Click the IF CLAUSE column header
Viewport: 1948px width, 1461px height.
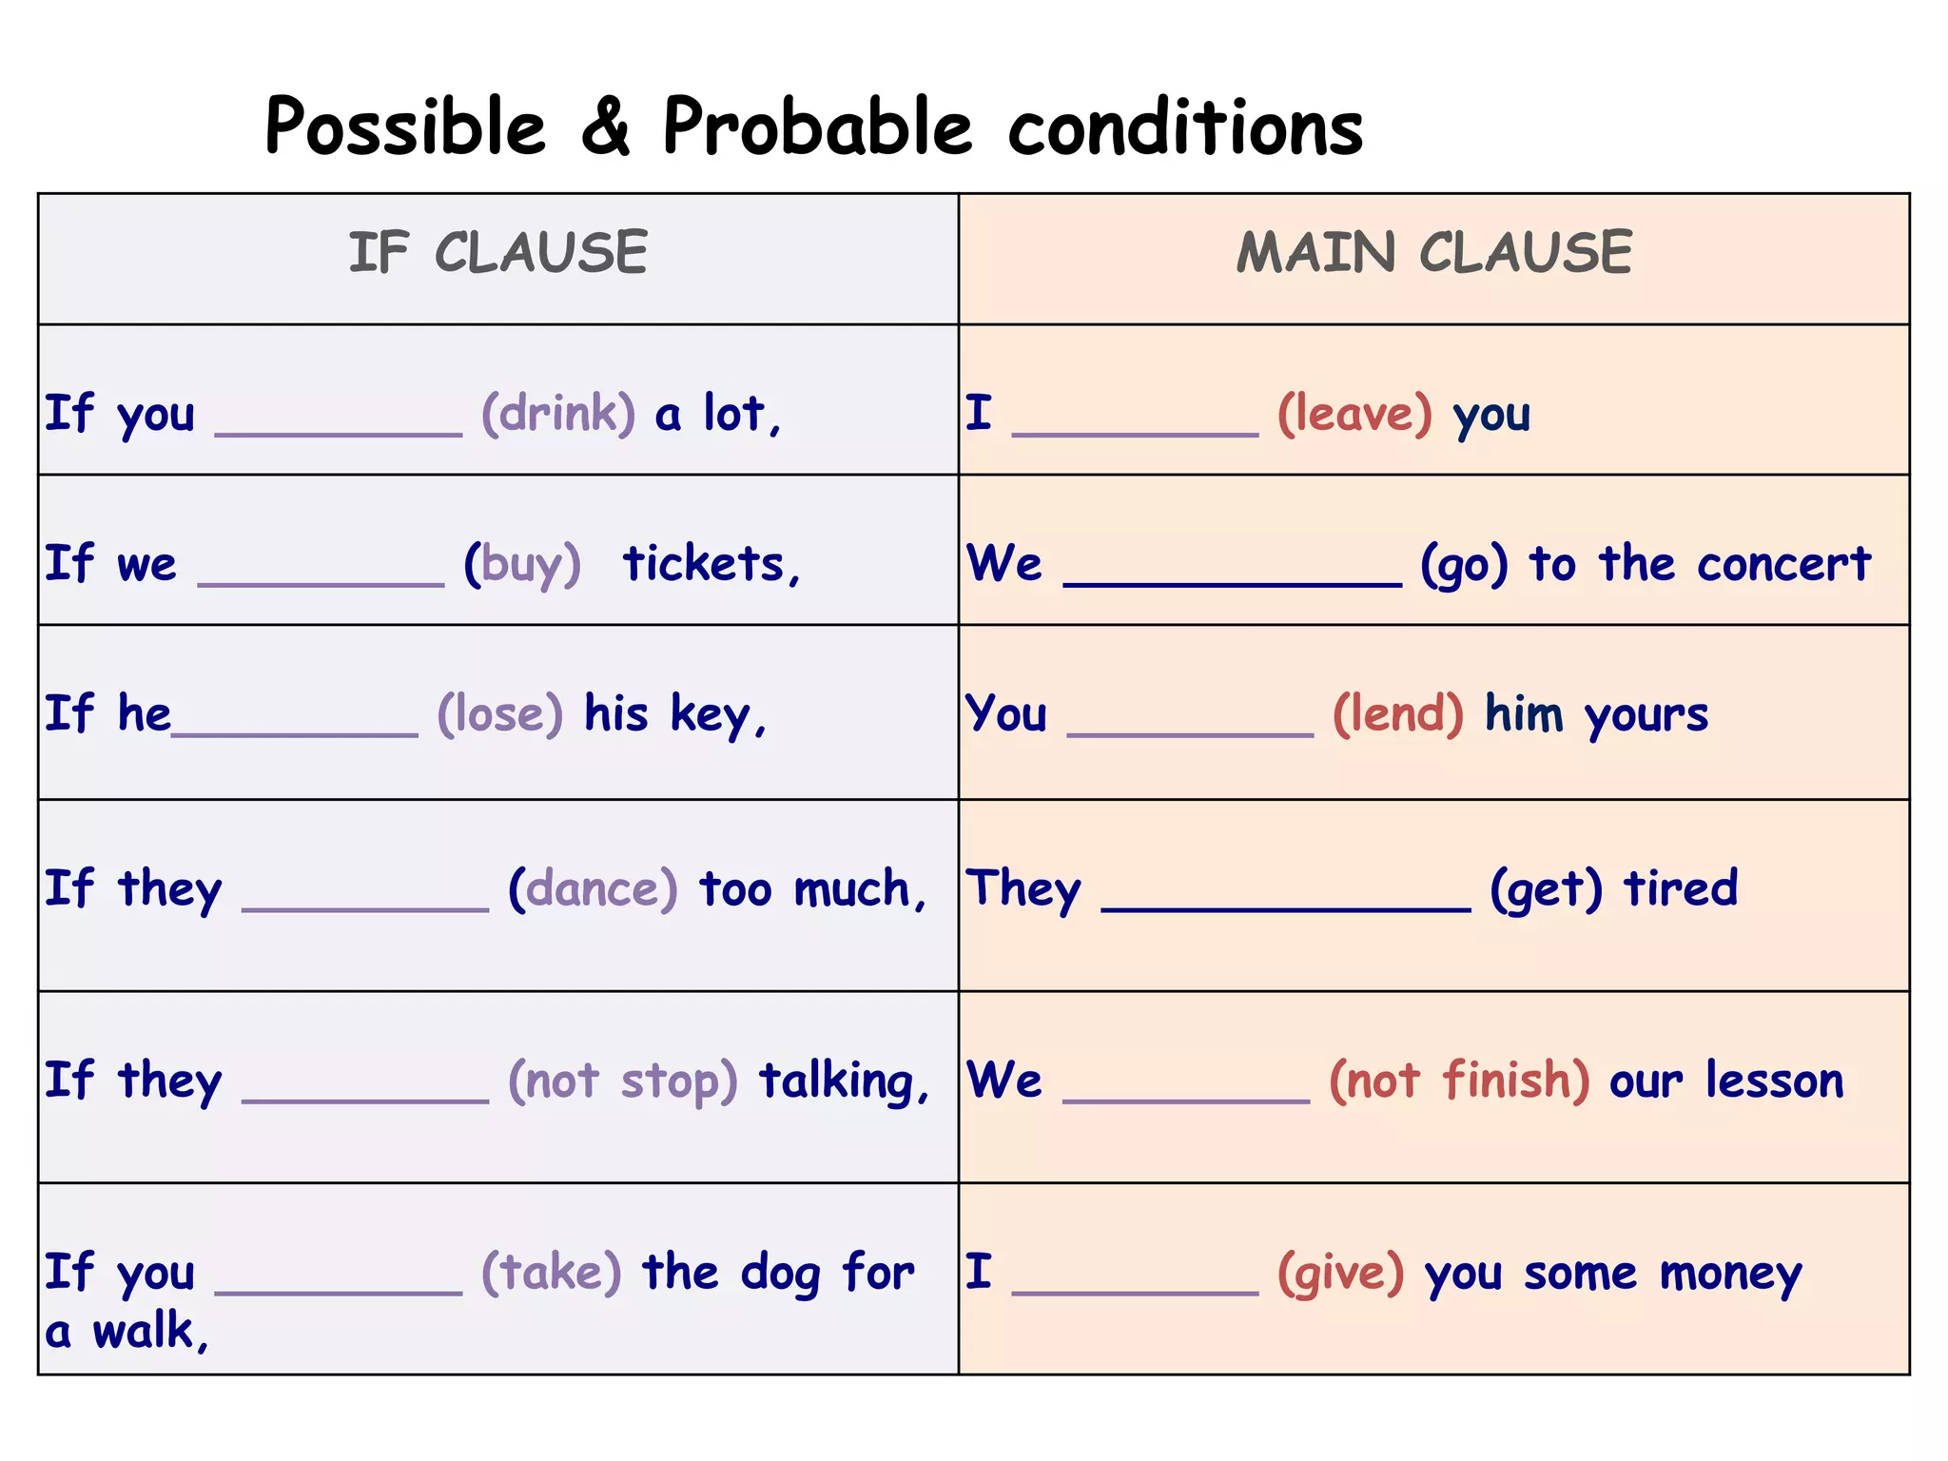click(497, 253)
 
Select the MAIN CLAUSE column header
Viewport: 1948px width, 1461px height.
click(1433, 253)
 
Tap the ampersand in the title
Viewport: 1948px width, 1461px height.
click(605, 127)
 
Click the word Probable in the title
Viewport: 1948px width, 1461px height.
click(817, 127)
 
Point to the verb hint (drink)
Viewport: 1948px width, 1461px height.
click(558, 414)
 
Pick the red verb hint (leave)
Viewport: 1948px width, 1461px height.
click(1354, 414)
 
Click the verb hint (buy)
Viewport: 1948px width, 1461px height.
click(522, 564)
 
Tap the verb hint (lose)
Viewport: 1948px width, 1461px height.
click(500, 714)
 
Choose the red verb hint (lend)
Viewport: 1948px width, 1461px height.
click(1398, 714)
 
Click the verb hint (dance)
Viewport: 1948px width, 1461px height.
click(593, 889)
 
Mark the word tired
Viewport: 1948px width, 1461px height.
click(1681, 888)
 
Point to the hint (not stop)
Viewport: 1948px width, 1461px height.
click(623, 1081)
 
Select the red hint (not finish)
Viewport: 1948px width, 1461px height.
click(1459, 1081)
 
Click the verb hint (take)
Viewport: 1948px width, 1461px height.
click(552, 1273)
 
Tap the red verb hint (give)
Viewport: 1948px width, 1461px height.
click(1340, 1273)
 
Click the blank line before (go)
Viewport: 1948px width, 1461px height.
click(1232, 583)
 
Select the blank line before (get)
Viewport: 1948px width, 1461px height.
click(1285, 908)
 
